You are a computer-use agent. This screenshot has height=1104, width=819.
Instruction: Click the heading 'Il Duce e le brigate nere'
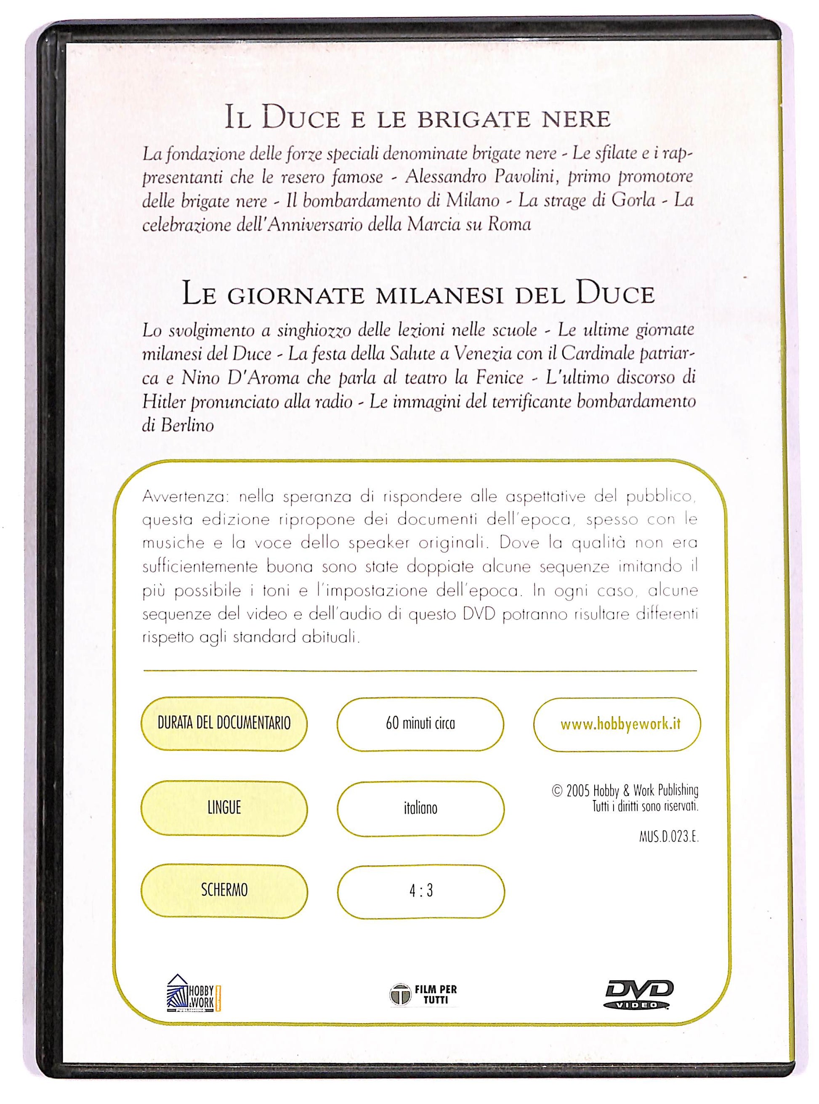pyautogui.click(x=417, y=120)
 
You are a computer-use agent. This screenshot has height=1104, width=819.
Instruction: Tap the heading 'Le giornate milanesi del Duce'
pyautogui.click(x=418, y=295)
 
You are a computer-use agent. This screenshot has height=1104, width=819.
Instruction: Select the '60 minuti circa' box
pyautogui.click(x=420, y=724)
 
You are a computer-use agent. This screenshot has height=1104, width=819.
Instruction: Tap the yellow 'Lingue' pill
pyautogui.click(x=224, y=808)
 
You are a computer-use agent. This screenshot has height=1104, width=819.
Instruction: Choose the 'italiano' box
pyautogui.click(x=420, y=808)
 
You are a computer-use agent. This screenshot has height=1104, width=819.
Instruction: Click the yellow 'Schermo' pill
pyautogui.click(x=224, y=891)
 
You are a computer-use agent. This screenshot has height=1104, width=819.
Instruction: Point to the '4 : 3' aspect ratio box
pyautogui.click(x=420, y=891)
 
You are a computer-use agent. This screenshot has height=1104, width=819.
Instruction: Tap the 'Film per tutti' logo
pyautogui.click(x=423, y=995)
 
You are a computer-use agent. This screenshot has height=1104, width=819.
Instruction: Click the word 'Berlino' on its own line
pyautogui.click(x=178, y=426)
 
